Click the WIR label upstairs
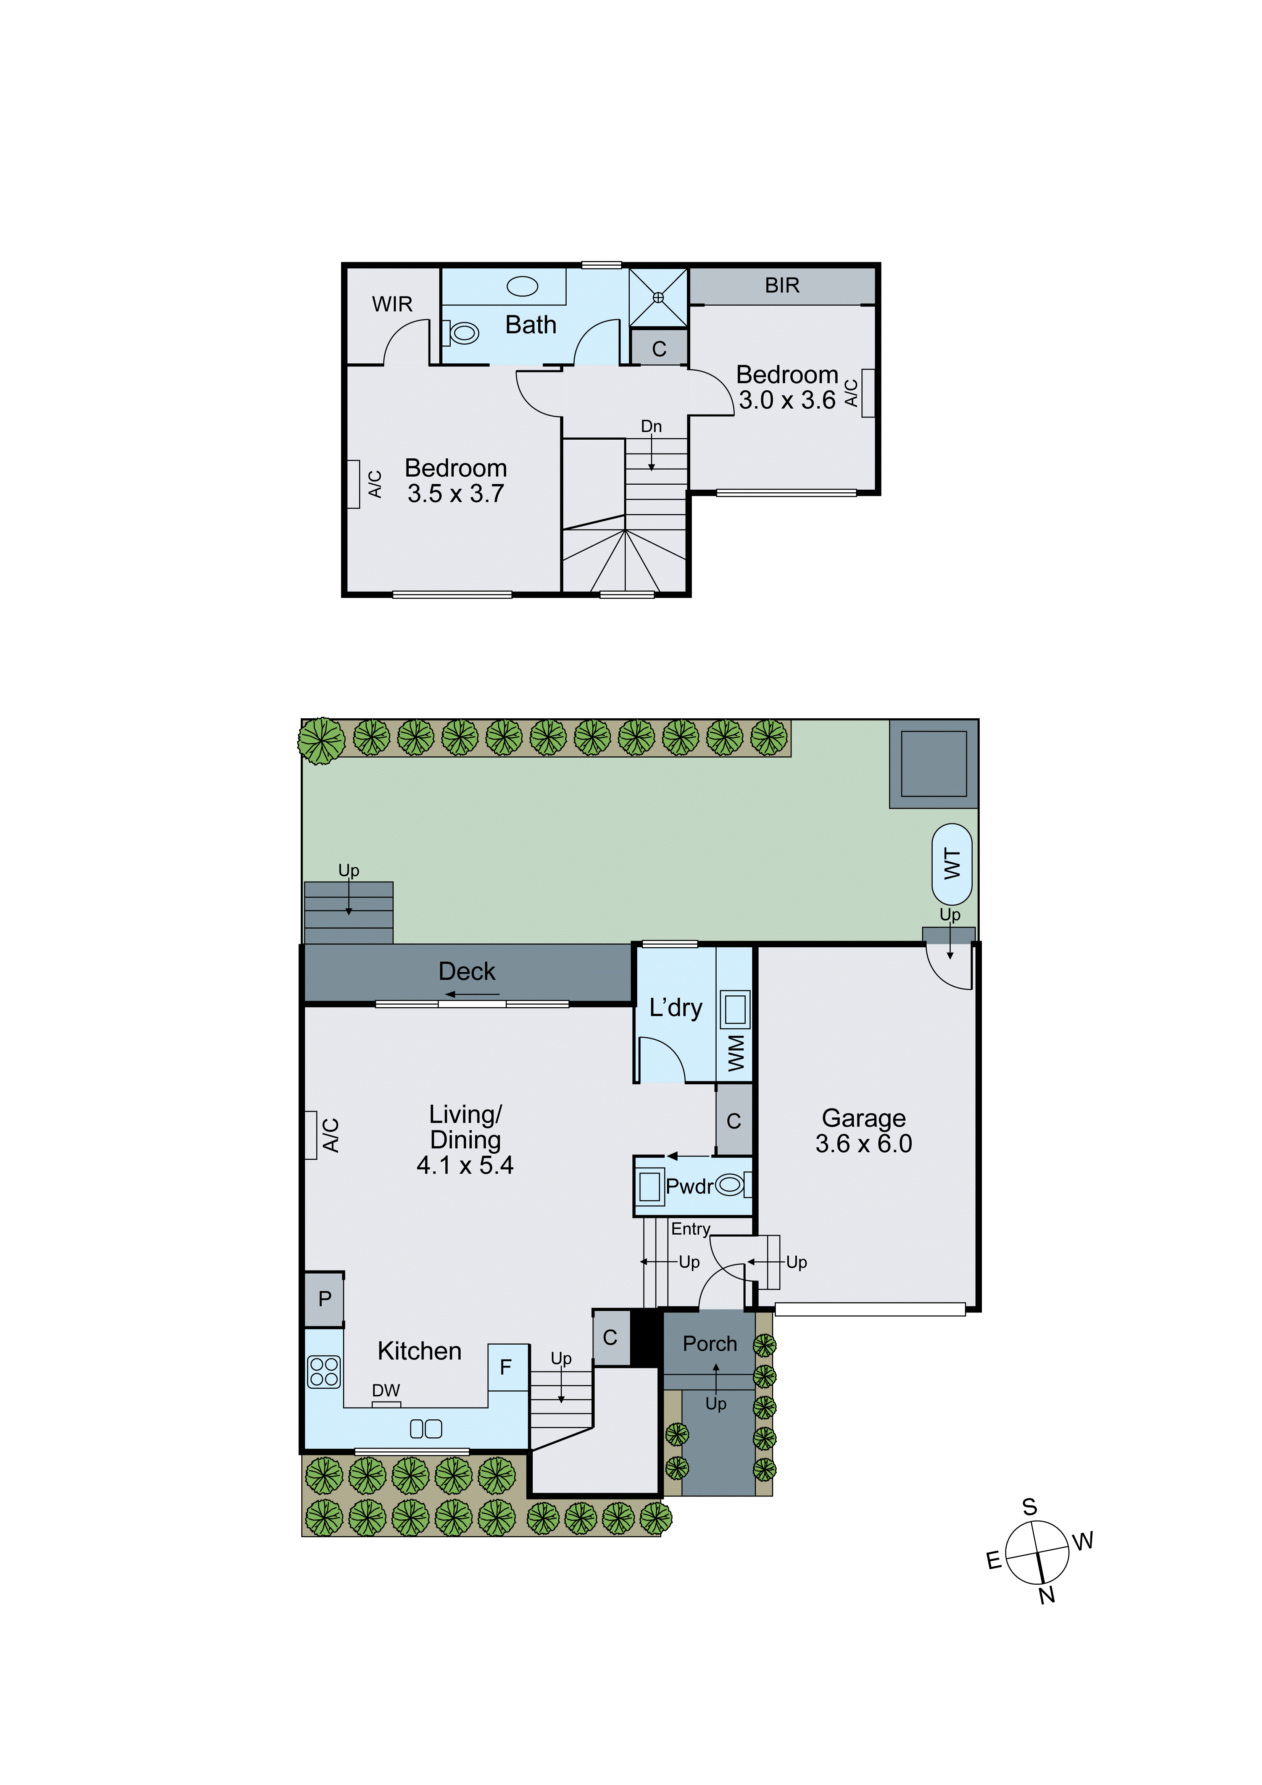coord(392,304)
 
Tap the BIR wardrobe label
coord(782,285)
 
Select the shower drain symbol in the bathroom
coord(658,297)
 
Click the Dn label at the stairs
coord(651,426)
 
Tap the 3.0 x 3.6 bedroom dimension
coord(787,400)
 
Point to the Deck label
coord(467,971)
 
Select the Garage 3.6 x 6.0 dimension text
coord(863,1143)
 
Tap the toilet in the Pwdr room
coord(729,1185)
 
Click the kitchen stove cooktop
coord(324,1371)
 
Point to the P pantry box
coord(324,1298)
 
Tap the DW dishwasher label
coord(386,1390)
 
